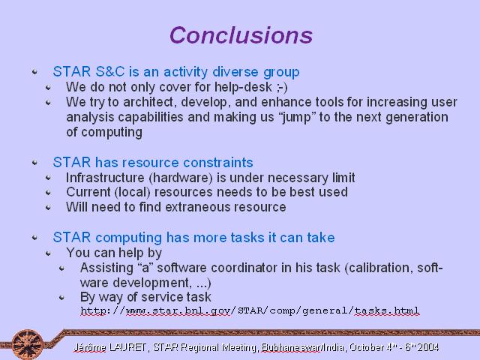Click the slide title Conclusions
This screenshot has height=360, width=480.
click(x=241, y=35)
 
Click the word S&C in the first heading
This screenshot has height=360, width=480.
click(x=110, y=72)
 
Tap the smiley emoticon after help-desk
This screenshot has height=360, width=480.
click(x=282, y=87)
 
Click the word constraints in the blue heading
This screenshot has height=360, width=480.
click(x=218, y=162)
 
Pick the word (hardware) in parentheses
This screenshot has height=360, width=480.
click(x=181, y=178)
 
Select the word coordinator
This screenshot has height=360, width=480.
click(x=244, y=268)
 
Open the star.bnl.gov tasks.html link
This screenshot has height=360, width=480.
click(x=250, y=310)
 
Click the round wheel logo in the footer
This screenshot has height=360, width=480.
click(x=28, y=344)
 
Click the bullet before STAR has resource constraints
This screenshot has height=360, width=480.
click(x=34, y=162)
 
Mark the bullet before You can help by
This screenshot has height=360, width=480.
click(x=48, y=253)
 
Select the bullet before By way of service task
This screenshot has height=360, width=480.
click(x=61, y=297)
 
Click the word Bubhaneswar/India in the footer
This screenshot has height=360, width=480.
click(x=303, y=347)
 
